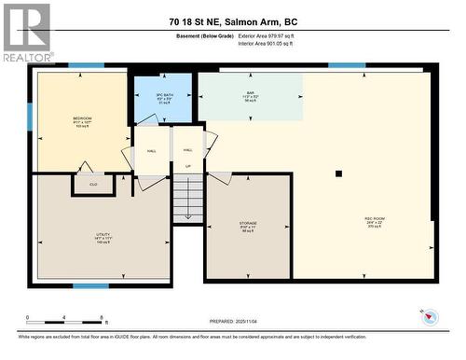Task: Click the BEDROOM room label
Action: pos(82,119)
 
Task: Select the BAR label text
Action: pos(250,93)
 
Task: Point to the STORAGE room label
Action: pos(247,224)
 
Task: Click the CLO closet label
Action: pos(93,184)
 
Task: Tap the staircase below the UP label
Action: pos(188,199)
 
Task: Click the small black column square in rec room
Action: pos(339,173)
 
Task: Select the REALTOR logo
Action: pos(27,33)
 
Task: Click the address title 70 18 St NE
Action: pos(234,21)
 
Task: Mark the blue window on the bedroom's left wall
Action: pos(31,117)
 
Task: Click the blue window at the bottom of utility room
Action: pos(90,285)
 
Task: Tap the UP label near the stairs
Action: pos(187,167)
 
